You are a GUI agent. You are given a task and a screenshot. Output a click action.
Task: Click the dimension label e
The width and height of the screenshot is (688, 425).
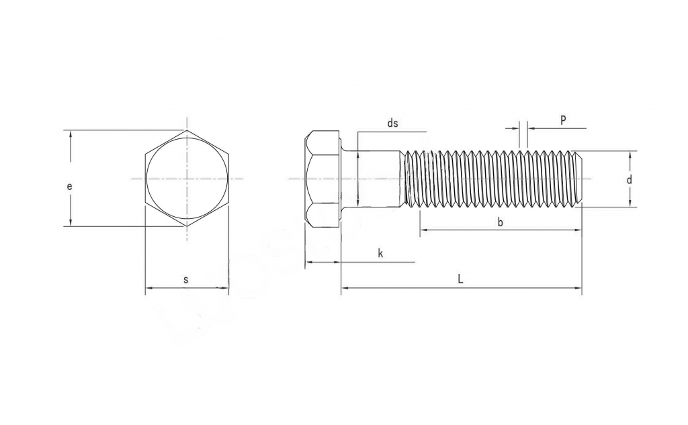[69, 186]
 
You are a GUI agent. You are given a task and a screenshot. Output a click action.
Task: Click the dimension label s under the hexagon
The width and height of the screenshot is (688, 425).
[186, 279]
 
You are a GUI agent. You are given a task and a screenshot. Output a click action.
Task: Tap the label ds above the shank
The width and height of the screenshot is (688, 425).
[393, 123]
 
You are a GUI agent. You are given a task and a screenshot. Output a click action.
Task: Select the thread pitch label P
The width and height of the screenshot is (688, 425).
[563, 120]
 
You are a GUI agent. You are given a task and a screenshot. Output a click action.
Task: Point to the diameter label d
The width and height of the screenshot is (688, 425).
[629, 180]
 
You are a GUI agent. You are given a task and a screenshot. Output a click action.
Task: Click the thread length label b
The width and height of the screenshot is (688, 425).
[500, 222]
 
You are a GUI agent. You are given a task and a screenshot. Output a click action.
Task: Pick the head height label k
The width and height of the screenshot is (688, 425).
[380, 253]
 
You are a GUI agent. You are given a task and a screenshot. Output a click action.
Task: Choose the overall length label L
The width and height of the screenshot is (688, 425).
[460, 279]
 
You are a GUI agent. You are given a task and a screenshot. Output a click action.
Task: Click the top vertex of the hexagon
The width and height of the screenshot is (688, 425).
[187, 130]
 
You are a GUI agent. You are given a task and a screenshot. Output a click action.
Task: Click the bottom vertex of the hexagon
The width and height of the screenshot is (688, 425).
[187, 226]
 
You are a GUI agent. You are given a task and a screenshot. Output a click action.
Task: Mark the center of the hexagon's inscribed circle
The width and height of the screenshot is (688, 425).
[187, 179]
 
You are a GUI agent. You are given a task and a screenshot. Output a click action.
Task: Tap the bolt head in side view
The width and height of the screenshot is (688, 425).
[322, 179]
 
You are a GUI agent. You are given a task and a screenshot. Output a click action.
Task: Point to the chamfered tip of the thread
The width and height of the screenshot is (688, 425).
[579, 179]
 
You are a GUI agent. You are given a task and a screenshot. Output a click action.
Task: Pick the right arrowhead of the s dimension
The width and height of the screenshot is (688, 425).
[225, 288]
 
